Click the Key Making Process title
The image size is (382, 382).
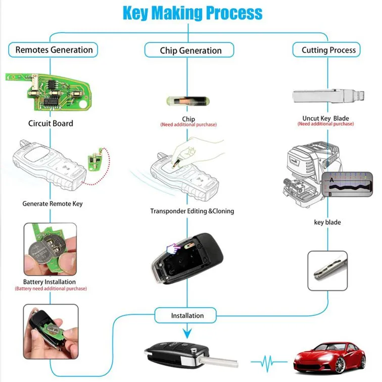193,13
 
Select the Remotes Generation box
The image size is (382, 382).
54,50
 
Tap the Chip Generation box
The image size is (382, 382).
190,50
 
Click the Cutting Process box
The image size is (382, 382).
328,50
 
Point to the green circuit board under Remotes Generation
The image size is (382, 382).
50,91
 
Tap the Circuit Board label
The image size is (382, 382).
51,123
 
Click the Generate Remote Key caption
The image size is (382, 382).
52,204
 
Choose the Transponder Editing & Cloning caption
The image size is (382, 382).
192,211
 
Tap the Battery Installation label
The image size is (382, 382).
50,282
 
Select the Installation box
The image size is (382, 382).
187,316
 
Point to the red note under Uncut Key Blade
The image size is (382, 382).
325,124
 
